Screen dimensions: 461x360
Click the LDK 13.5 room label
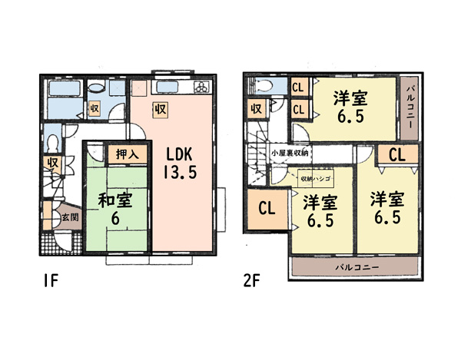180,163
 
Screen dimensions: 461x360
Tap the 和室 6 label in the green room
115,209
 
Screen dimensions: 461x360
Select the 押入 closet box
128,154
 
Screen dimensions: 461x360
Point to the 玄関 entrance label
70,217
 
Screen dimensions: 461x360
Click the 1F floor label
51,280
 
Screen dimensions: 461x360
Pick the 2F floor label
252,280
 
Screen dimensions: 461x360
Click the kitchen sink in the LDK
167,88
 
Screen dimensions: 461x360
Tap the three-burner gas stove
202,87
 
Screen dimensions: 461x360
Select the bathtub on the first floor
65,88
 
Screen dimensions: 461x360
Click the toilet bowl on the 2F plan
264,87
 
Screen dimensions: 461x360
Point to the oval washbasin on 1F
96,88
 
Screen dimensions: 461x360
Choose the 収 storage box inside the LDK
161,110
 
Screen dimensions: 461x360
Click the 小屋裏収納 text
290,154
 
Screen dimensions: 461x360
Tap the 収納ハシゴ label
316,179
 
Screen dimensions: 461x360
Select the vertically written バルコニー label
410,107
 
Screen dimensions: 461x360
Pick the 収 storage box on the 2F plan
257,109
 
